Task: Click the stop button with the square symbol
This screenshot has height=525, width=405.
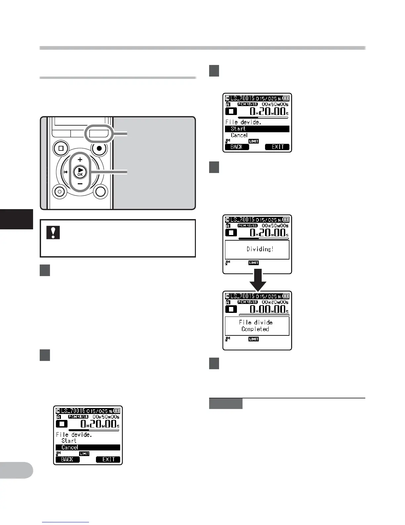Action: [61, 148]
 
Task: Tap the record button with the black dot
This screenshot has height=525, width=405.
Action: [99, 148]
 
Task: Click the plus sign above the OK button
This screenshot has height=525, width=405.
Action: [80, 159]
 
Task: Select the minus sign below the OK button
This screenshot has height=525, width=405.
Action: [80, 184]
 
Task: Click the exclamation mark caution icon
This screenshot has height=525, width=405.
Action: [53, 232]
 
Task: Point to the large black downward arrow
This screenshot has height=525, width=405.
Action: [258, 280]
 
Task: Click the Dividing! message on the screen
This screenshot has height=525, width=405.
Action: [260, 249]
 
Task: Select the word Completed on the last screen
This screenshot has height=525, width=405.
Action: [255, 329]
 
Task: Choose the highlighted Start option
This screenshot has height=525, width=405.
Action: [238, 129]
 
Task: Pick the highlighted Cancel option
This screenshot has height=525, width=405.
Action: [70, 447]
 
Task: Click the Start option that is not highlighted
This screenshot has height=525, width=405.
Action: [69, 441]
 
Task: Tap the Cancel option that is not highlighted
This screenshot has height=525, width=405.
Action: [239, 135]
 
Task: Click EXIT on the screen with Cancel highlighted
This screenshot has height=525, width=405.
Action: [108, 459]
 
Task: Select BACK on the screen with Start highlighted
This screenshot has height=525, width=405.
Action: [237, 147]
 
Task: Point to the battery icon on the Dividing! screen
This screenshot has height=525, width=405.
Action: [286, 219]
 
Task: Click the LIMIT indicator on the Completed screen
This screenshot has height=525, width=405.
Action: [253, 339]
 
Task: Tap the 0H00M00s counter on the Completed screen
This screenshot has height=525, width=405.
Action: [268, 309]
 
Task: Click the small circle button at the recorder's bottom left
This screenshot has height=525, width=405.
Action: [60, 191]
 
